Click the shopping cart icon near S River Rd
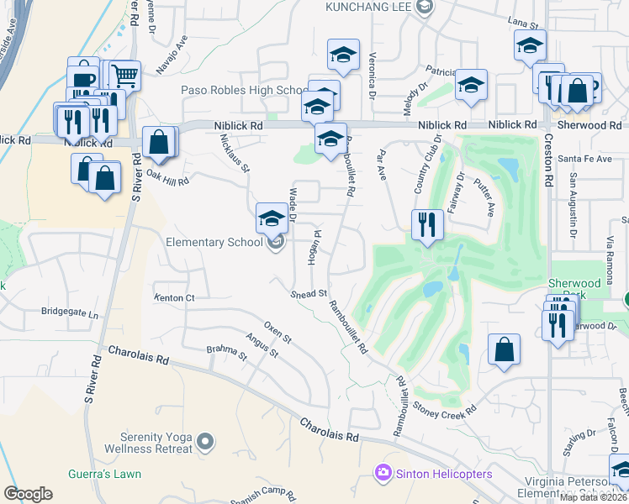pyautogui.click(x=124, y=76)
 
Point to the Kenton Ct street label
pyautogui.click(x=174, y=298)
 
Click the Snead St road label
pyautogui.click(x=309, y=294)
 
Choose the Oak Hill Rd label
pyautogui.click(x=168, y=177)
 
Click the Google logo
pyautogui.click(x=28, y=494)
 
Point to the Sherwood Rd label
pyautogui.click(x=594, y=125)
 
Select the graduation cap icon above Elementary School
pyautogui.click(x=272, y=219)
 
